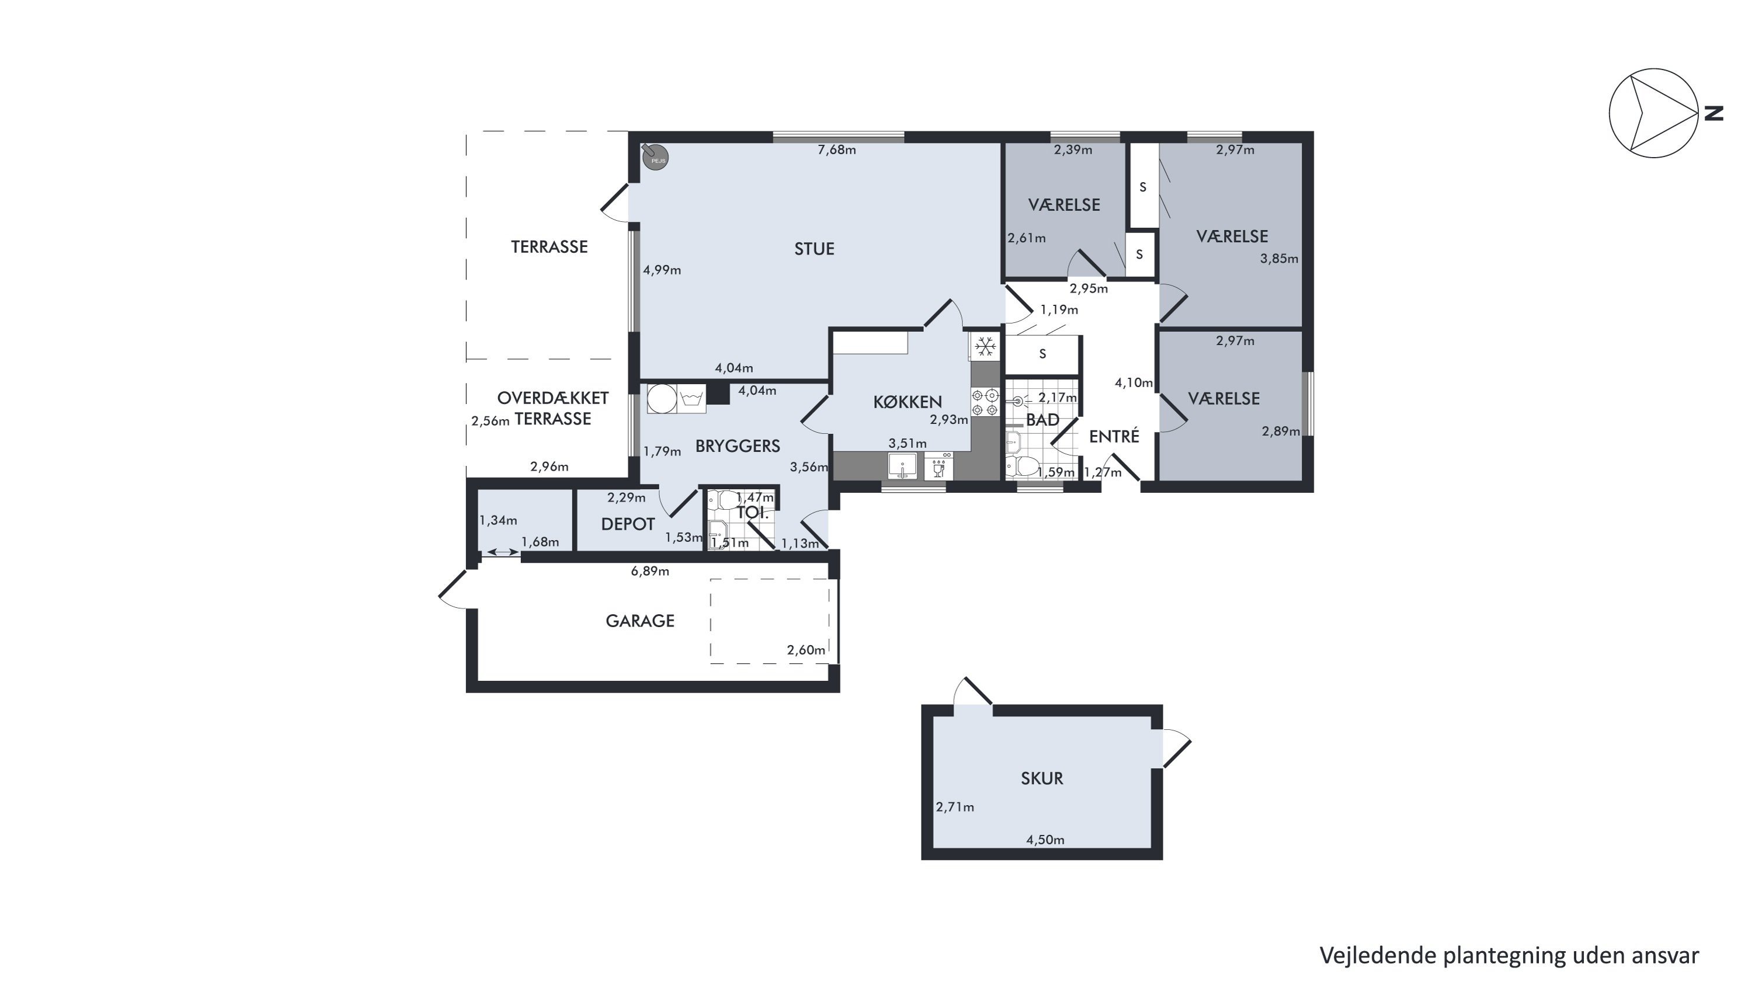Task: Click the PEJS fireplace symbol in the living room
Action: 656,157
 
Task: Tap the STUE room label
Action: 814,249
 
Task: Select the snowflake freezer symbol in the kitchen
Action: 985,347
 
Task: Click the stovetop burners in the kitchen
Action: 985,402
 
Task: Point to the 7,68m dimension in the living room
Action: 836,149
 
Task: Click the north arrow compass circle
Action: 1653,113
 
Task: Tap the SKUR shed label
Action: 1041,778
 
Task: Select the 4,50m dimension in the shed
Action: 1045,840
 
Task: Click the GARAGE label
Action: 640,621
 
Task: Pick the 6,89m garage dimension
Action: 649,571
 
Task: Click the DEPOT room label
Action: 628,524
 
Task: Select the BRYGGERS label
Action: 737,446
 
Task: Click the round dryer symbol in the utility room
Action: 662,399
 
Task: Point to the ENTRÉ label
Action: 1114,436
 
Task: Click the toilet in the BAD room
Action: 1022,467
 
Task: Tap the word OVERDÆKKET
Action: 552,398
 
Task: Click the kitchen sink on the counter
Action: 902,467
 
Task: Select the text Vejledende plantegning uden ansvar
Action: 1509,955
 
